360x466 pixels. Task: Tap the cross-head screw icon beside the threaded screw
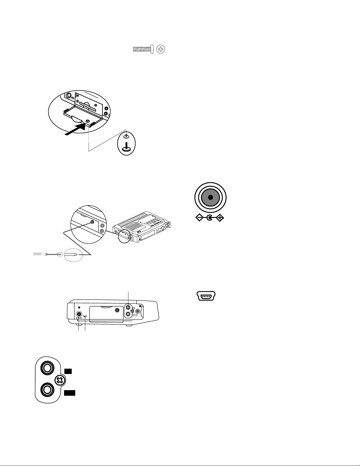[x=161, y=49]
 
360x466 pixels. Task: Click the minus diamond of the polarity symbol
[x=199, y=218]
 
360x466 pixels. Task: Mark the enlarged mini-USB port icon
[x=206, y=296]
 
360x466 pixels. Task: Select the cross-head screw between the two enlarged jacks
[x=60, y=380]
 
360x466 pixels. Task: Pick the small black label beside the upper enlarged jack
[x=68, y=371]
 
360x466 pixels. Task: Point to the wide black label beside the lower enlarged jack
[x=70, y=393]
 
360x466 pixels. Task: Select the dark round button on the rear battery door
[x=118, y=310]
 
